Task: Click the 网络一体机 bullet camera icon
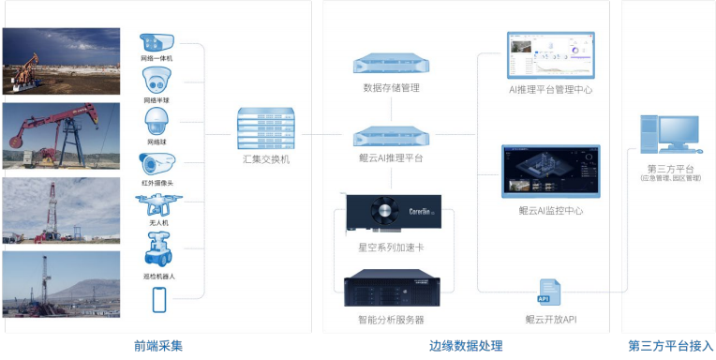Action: [x=157, y=42]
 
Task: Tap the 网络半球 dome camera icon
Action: [x=157, y=82]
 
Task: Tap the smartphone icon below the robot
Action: [x=158, y=299]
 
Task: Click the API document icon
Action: [x=548, y=292]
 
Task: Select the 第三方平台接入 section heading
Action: [x=670, y=346]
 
